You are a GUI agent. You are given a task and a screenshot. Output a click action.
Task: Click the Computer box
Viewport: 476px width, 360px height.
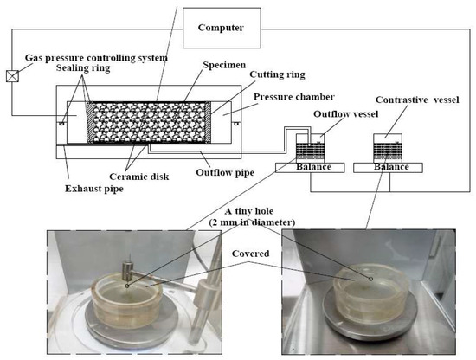(222, 28)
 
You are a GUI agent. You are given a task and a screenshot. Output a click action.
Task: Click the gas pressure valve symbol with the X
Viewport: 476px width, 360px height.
(12, 76)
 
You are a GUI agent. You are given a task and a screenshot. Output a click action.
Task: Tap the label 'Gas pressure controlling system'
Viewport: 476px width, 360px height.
(96, 58)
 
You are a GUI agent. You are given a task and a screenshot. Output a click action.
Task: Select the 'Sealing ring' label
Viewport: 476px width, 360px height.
(83, 67)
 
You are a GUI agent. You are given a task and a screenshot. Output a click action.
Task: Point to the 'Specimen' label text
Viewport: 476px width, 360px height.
(224, 65)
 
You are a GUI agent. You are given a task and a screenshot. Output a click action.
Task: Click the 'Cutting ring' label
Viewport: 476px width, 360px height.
(277, 74)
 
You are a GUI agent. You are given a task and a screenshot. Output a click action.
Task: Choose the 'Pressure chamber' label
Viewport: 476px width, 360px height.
(294, 97)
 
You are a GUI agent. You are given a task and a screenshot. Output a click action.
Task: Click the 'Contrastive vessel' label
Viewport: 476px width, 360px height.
(417, 100)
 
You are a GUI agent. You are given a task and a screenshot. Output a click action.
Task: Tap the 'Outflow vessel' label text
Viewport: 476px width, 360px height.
(346, 114)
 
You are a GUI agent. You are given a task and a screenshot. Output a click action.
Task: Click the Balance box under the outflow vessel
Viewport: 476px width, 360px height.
(310, 168)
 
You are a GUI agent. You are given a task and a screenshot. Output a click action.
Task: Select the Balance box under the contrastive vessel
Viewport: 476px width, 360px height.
(388, 168)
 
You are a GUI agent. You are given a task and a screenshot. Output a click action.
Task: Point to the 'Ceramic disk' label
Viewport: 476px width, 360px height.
(138, 177)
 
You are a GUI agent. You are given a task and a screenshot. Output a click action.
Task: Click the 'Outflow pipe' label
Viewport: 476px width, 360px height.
(225, 173)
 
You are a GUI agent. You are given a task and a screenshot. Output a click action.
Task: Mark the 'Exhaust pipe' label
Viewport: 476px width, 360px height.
(94, 189)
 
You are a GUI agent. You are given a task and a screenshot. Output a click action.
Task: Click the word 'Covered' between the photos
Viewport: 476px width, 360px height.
(250, 254)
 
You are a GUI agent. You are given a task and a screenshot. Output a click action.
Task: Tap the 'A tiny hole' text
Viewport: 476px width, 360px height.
(249, 211)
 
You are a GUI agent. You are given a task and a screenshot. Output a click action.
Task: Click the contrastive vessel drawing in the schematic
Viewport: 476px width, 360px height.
(388, 148)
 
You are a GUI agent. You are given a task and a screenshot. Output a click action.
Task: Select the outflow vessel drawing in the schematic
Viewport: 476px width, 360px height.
(310, 148)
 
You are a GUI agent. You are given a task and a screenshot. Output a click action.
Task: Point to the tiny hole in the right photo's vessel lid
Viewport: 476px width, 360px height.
(370, 279)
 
